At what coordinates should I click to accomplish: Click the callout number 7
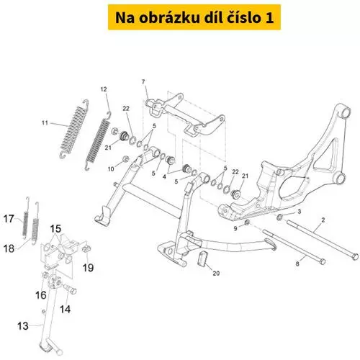pos(143,82)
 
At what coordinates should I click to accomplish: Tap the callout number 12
pos(104,89)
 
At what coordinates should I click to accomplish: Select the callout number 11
pos(45,123)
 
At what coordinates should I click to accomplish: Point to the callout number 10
pos(111,169)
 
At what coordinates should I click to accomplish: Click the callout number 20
pos(216,273)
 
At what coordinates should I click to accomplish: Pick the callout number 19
pos(88,268)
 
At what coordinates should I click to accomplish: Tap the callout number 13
pos(23,326)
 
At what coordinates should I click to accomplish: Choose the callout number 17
pos(9,219)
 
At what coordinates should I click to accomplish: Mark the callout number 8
pos(297,264)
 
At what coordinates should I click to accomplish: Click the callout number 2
pos(323,220)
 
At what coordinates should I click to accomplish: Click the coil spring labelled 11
pos(74,129)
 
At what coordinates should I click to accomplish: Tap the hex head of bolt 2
pos(355,256)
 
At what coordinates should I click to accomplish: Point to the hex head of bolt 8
pos(323,261)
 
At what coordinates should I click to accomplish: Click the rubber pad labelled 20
pos(202,258)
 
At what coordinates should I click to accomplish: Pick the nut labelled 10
pos(125,159)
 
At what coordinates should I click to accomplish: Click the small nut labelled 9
pos(247,222)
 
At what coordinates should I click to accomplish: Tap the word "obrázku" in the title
pos(170,18)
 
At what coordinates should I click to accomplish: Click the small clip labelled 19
pos(86,248)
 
